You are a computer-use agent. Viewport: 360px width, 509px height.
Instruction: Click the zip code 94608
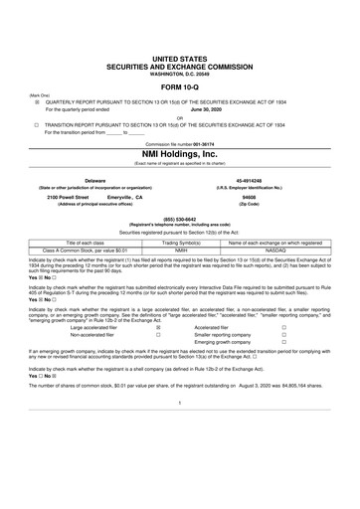coord(265,197)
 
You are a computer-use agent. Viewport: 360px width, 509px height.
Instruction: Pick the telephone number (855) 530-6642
coord(179,221)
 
